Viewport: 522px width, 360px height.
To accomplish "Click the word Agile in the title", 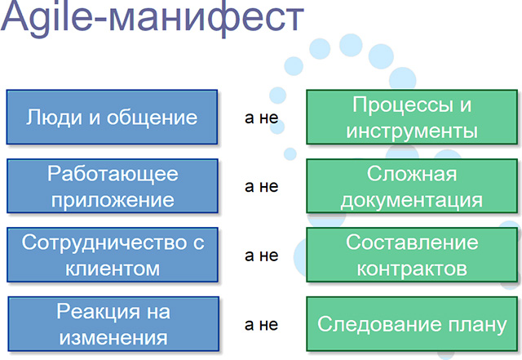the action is click(x=46, y=16).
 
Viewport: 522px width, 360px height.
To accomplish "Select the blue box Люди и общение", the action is click(x=113, y=117).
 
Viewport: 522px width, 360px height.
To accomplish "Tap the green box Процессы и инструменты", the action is click(x=412, y=117).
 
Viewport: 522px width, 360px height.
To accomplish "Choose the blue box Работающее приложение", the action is click(x=113, y=186).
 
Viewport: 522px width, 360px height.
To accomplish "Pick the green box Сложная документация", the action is click(x=412, y=186).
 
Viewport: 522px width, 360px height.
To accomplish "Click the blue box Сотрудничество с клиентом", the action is click(x=113, y=255).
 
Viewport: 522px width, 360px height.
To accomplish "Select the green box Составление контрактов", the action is click(x=412, y=255).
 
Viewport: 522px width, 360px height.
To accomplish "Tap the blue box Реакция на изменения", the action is click(x=113, y=324).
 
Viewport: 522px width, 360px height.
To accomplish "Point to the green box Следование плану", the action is click(x=412, y=324).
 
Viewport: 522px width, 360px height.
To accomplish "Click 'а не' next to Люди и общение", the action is click(x=261, y=118).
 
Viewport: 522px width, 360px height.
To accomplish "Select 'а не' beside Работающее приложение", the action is click(x=261, y=187).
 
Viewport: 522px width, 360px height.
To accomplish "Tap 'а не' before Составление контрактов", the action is click(x=261, y=256).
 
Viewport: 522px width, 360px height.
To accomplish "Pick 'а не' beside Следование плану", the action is click(x=261, y=325).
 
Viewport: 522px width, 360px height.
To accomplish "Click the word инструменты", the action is click(x=412, y=131).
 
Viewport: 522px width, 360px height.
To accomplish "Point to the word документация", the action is click(x=412, y=201).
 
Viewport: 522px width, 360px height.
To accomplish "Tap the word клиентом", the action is click(x=113, y=269).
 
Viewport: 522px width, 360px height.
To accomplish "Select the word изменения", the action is click(x=113, y=338).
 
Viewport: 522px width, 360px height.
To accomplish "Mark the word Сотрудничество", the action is click(x=103, y=242).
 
